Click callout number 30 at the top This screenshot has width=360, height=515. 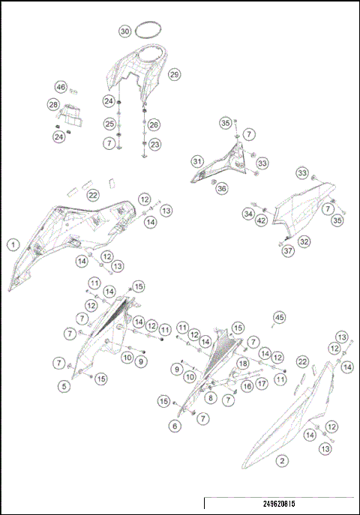pos(125,31)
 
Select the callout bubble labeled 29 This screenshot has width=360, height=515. pos(174,74)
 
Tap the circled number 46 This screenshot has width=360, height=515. pos(61,88)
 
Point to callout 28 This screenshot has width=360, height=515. pos(53,104)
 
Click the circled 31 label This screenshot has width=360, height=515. pos(197,161)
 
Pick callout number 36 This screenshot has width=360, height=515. pos(222,189)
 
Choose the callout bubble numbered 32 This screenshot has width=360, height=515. pos(304,241)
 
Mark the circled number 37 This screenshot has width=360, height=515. pos(288,251)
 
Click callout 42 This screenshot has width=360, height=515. pos(261,220)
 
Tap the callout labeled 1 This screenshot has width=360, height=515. pos(13,244)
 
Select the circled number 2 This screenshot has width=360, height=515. pos(282,460)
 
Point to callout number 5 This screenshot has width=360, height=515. pos(64,386)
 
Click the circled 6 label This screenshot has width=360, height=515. pos(175,425)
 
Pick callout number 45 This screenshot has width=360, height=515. pos(280,317)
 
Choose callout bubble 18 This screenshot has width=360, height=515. pos(242,364)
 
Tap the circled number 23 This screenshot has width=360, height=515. pos(154,144)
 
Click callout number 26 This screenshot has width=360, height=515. pos(154,124)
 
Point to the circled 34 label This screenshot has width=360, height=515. pos(248,214)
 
